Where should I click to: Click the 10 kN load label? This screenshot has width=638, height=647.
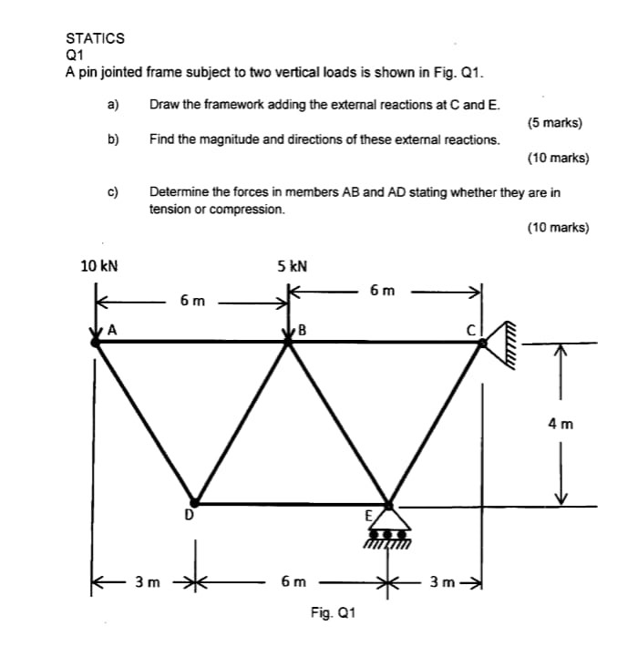99,266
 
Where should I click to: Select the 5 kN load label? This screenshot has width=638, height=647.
292,266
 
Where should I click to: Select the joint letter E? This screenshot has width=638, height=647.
369,515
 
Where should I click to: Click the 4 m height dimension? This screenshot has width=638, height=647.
561,423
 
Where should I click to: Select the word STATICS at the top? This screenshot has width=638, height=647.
95,38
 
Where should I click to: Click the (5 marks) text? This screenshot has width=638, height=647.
555,124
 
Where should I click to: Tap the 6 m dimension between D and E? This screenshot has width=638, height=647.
293,581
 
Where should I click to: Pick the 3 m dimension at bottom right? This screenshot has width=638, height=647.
443,581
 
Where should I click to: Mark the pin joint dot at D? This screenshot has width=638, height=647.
193,502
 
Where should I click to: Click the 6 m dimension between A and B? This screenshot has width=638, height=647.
192,300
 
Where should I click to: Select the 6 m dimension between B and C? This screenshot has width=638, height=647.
383,291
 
